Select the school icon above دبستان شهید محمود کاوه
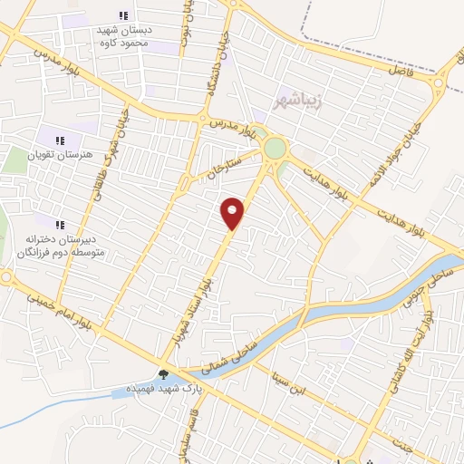click(x=124, y=15)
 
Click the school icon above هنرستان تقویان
click(x=61, y=141)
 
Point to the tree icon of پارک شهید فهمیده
click(x=164, y=372)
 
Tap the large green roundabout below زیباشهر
click(x=274, y=148)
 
